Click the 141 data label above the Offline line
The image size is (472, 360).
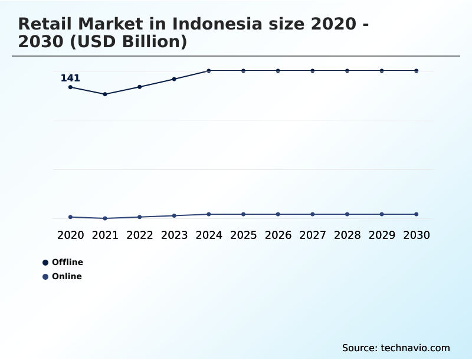(x=70, y=78)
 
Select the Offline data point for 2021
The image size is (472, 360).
(x=105, y=94)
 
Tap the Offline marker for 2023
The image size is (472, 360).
(x=174, y=79)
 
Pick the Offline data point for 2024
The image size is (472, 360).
(x=209, y=71)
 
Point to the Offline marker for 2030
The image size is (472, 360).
(x=416, y=71)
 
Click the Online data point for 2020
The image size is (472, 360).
(x=70, y=217)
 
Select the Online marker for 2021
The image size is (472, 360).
(x=105, y=218)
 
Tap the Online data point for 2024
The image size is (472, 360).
(x=209, y=214)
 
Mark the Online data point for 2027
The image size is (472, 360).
(x=313, y=214)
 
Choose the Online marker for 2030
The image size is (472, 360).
(x=416, y=214)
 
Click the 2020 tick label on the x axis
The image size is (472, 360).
(x=70, y=235)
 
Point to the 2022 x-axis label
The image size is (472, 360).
(x=140, y=235)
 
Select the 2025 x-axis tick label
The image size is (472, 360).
(x=243, y=235)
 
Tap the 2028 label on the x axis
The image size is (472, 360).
(x=347, y=235)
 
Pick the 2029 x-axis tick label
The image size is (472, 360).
(x=382, y=235)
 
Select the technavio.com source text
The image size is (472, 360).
(x=415, y=348)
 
